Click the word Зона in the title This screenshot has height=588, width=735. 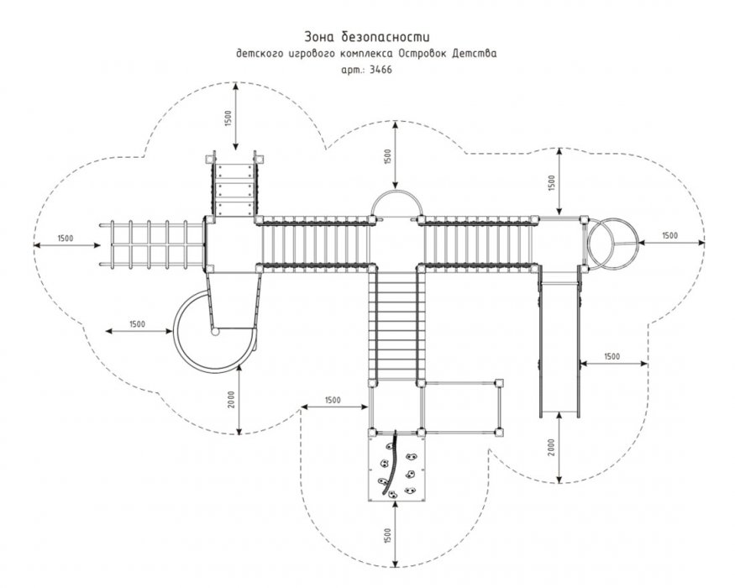pyautogui.click(x=320, y=37)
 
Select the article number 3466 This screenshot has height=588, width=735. pyautogui.click(x=381, y=70)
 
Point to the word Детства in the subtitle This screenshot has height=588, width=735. pyautogui.click(x=475, y=54)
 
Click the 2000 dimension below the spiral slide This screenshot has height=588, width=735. pyautogui.click(x=232, y=400)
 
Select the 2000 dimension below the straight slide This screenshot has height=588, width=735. pyautogui.click(x=551, y=448)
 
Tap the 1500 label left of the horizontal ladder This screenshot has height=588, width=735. pyautogui.click(x=66, y=239)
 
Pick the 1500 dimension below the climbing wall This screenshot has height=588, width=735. pyautogui.click(x=387, y=537)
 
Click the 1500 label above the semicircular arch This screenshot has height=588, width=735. pyautogui.click(x=387, y=156)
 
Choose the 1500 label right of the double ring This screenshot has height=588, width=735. pyautogui.click(x=669, y=235)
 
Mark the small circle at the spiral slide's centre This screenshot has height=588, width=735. pyautogui.click(x=215, y=332)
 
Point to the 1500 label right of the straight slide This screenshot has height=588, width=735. pyautogui.click(x=612, y=356)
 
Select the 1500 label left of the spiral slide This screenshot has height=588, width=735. pyautogui.click(x=137, y=324)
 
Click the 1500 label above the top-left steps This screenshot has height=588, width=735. pyautogui.click(x=228, y=118)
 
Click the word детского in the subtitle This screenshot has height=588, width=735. pyautogui.click(x=260, y=54)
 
